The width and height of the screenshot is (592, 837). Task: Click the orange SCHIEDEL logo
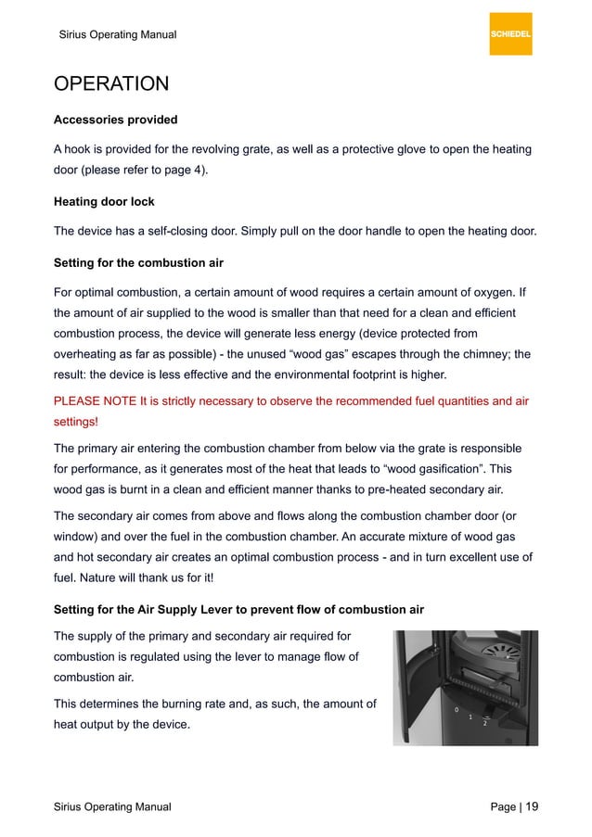(510, 33)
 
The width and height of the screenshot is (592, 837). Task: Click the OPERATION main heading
(111, 84)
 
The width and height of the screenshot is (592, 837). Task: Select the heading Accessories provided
(115, 120)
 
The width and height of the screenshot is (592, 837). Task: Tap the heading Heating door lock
(104, 202)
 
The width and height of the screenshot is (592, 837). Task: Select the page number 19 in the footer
(531, 806)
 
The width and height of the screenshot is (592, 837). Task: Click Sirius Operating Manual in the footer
(112, 807)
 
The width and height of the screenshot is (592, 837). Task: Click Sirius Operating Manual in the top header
(117, 35)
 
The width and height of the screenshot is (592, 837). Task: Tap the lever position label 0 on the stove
(456, 709)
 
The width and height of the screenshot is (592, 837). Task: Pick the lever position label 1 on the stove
(470, 717)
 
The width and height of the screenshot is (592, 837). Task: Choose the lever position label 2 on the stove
(484, 723)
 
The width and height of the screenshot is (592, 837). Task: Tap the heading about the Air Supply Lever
(238, 608)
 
